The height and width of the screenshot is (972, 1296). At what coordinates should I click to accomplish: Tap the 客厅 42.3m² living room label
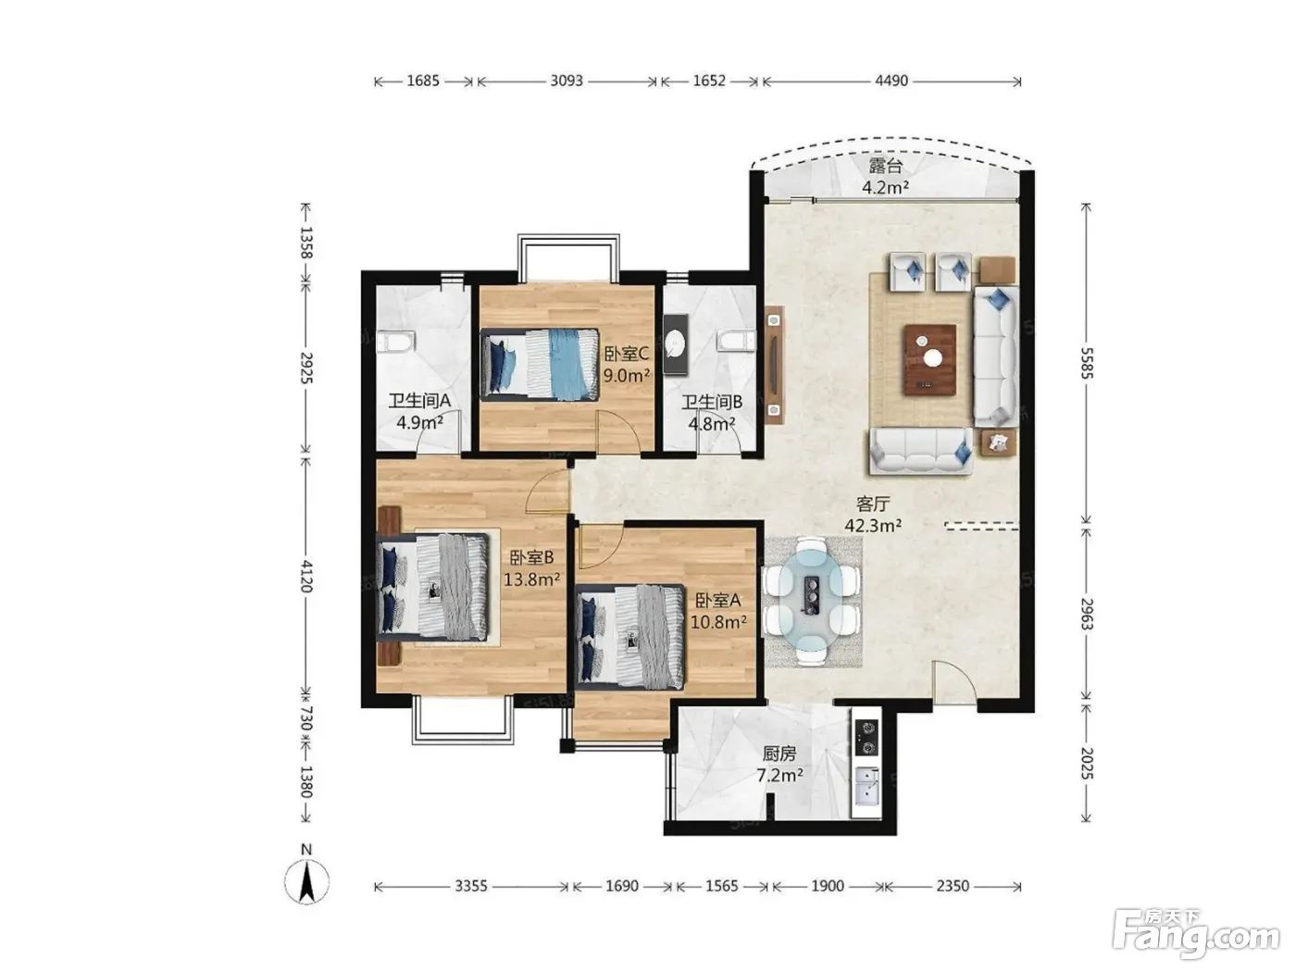[x=872, y=514]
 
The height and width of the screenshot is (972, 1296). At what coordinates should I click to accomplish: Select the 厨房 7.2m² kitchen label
[x=779, y=764]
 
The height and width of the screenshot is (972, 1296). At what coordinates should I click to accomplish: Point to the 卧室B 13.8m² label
[x=531, y=567]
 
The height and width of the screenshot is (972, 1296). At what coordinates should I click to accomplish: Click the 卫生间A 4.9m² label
[x=419, y=411]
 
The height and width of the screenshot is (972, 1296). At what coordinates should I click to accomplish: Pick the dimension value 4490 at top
[x=891, y=81]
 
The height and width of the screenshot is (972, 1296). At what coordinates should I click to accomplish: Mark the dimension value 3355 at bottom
[x=470, y=886]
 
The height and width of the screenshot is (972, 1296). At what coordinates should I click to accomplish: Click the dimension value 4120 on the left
[x=305, y=576]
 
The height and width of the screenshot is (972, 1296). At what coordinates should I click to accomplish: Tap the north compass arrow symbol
[x=306, y=883]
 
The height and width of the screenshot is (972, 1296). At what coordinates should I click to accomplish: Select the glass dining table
[x=811, y=600]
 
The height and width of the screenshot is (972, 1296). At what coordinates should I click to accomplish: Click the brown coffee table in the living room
[x=928, y=359]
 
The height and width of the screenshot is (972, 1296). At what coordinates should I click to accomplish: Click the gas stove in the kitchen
[x=866, y=738]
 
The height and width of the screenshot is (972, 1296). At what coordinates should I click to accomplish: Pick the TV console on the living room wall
[x=774, y=364]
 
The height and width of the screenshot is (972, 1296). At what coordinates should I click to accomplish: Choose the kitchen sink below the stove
[x=866, y=784]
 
